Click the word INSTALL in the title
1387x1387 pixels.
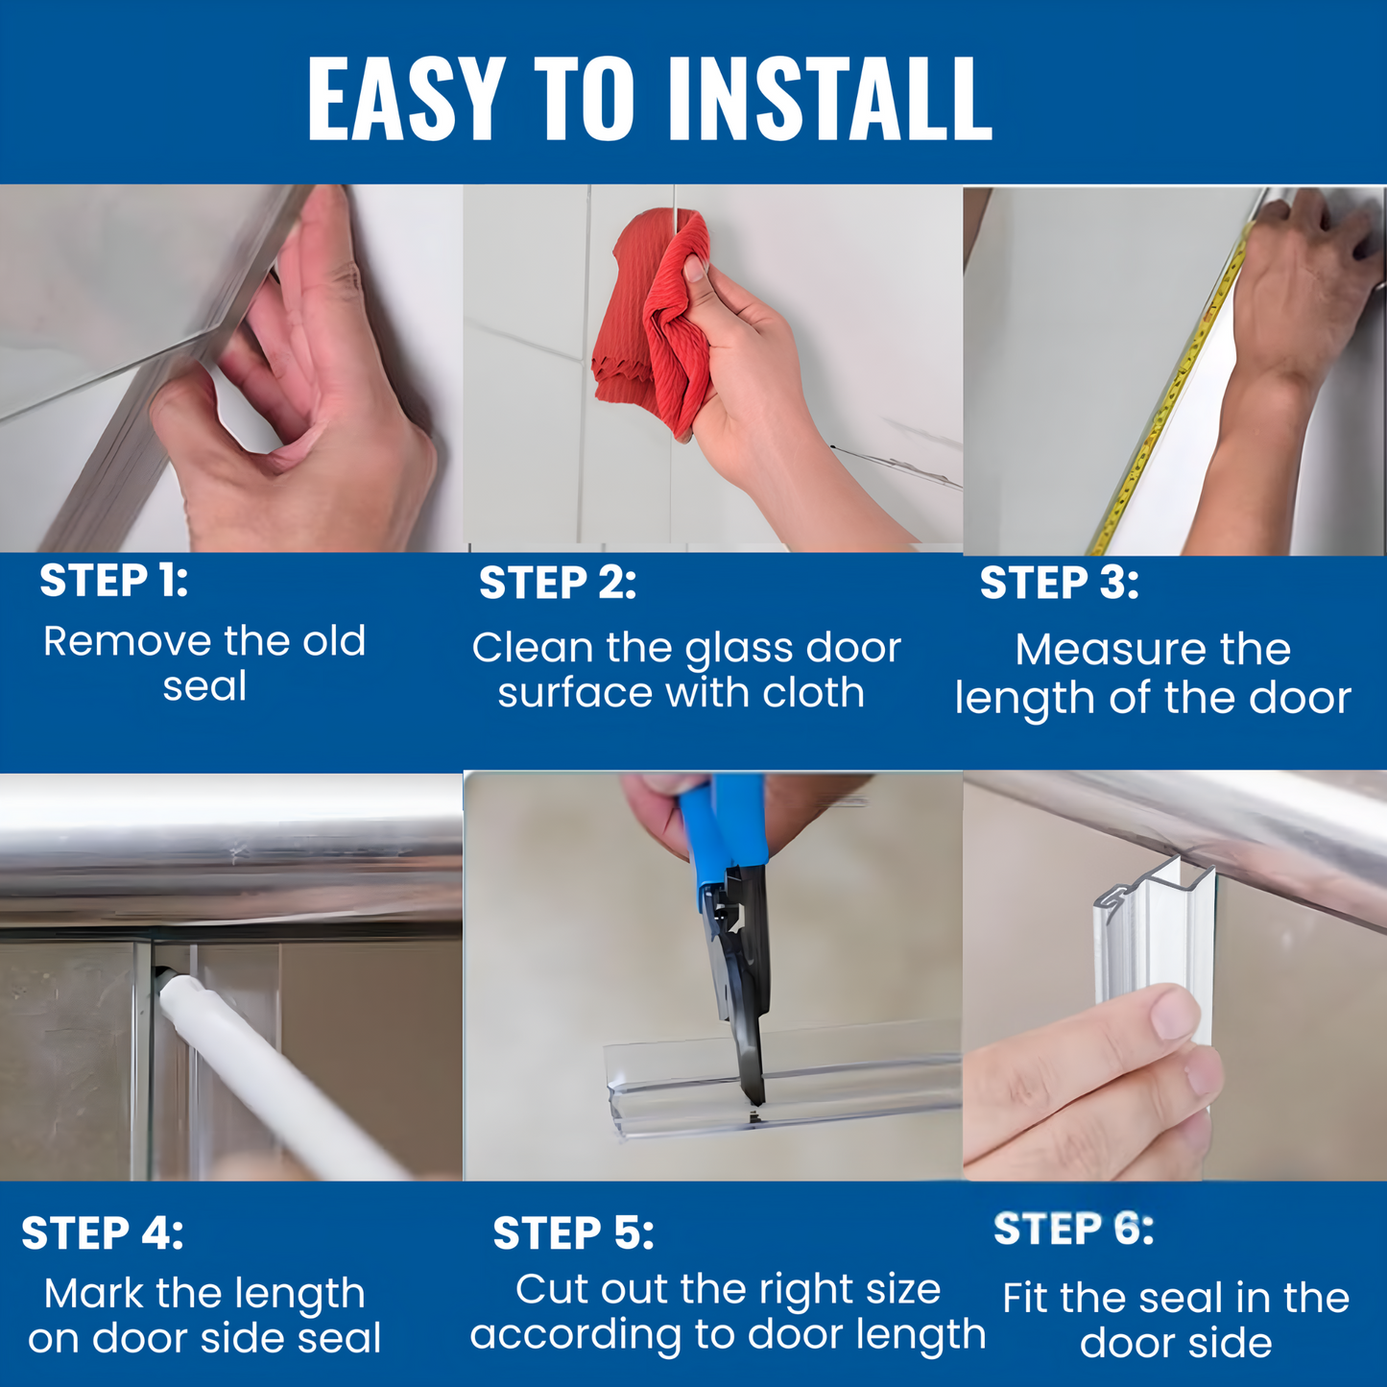pos(829,99)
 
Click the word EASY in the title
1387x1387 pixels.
pos(406,99)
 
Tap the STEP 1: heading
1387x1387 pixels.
pos(113,581)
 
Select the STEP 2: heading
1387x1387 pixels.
pos(557,584)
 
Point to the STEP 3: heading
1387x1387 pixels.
pos(1059,584)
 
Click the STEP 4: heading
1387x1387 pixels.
pos(102,1233)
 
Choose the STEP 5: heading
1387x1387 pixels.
pos(573,1233)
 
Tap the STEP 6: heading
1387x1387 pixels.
pos(1073,1229)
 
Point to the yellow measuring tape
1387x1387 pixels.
pos(1171,394)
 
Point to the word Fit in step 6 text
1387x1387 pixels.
pos(1026,1298)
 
